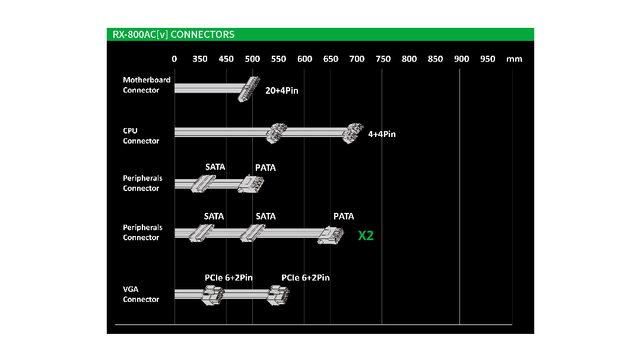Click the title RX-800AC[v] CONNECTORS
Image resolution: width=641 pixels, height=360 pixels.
[173, 34]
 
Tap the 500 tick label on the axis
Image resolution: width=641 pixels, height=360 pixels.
[252, 59]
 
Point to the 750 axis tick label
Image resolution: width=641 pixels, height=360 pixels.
[383, 59]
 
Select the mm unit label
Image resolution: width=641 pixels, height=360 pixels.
[514, 59]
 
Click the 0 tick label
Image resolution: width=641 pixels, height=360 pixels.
[174, 59]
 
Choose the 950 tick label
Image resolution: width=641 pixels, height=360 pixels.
[487, 59]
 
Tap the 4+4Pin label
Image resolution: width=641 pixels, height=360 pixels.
[382, 134]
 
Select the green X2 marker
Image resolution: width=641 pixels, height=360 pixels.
[366, 236]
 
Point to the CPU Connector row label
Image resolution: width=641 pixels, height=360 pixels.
[141, 136]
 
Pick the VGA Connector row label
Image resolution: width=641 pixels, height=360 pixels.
[141, 294]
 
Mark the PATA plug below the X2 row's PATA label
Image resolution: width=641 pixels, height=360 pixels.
[330, 235]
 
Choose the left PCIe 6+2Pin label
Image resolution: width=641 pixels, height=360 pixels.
[229, 278]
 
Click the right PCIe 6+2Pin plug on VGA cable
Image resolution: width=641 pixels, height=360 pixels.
[277, 294]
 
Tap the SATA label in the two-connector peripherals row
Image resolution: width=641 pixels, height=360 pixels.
[215, 167]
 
